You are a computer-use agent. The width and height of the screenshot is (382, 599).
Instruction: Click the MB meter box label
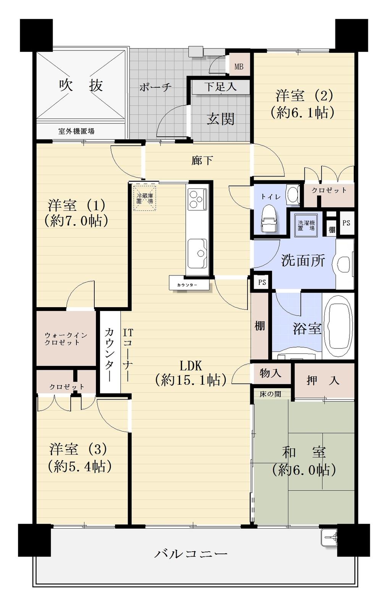pos(239,67)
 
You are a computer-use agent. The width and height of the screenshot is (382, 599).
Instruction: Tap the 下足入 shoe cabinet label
pos(220,87)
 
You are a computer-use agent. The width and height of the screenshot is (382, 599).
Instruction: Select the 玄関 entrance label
pos(220,119)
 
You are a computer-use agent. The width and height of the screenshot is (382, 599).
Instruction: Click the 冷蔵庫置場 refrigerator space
pos(145,198)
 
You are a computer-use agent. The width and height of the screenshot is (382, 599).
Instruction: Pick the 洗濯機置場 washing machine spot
pos(306,225)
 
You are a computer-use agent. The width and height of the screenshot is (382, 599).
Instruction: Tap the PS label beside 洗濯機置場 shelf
pos(346,223)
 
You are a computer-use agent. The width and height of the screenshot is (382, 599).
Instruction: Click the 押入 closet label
pos(323,380)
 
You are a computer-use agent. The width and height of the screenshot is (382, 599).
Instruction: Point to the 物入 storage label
pos(270,373)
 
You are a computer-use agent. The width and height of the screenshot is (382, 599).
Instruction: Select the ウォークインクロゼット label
pos(66,339)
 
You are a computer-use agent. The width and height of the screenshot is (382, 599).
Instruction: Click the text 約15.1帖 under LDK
pos(191,380)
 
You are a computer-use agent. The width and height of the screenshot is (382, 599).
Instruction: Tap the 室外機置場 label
pos(76,131)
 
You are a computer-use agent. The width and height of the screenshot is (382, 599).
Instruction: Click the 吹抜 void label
pos(81,86)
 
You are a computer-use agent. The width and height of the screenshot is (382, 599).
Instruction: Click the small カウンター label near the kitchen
pos(187,285)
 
